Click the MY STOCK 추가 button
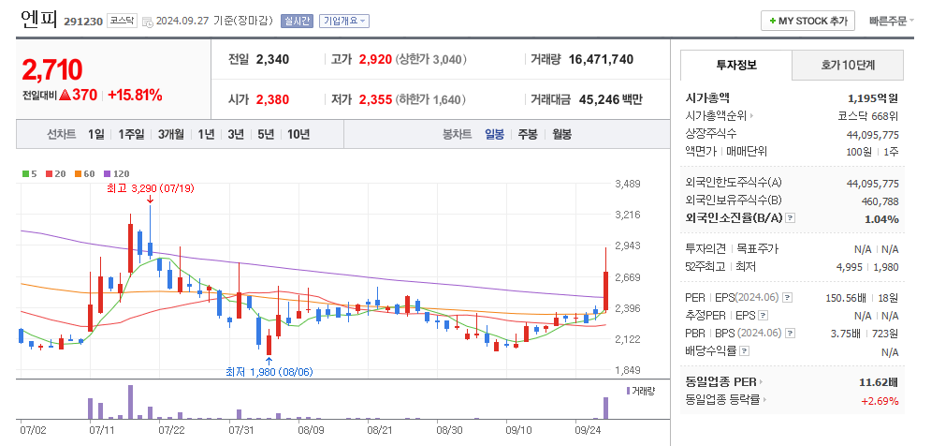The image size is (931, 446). coord(808,21)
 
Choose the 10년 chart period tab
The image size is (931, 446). coord(298,134)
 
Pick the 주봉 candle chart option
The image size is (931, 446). coord(528,134)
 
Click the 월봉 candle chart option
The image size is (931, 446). coord(561,134)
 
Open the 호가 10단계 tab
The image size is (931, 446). coord(848,66)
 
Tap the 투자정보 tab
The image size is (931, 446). coord(736,66)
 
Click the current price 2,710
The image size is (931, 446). coord(51,68)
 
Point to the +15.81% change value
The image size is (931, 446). coord(135,95)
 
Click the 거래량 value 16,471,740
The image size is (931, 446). coord(594,59)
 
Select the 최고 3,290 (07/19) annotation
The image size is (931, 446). coord(150,189)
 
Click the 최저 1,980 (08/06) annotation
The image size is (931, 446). coord(269,372)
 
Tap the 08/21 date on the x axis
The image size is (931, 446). coord(379,431)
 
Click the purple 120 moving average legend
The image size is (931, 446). coord(116,173)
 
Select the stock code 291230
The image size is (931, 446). coord(83,21)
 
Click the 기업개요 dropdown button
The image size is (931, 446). coord(344,21)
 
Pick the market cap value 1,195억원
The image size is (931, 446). coord(872,97)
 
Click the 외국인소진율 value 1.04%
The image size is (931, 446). coord(881,218)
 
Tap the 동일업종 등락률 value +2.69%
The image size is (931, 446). coord(880,400)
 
